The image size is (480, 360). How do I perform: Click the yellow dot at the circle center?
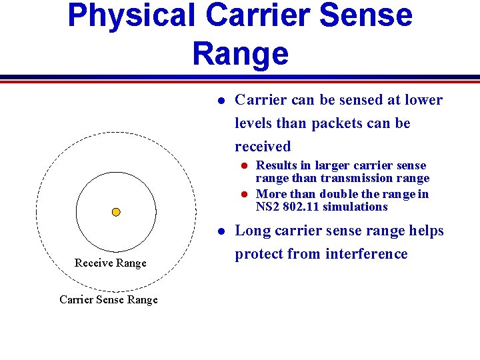[116, 212]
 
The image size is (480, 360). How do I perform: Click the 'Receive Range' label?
[110, 263]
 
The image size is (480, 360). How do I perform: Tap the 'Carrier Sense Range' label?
[109, 299]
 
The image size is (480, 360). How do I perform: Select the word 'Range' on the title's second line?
[241, 53]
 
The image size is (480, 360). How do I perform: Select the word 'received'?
[263, 147]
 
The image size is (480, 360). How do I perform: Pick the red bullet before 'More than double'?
[244, 195]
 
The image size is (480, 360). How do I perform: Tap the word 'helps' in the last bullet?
[427, 231]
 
